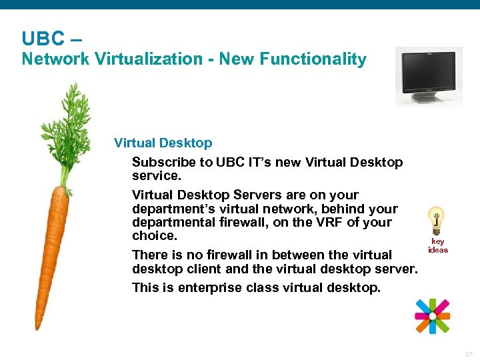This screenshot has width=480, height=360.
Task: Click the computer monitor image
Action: (429, 75)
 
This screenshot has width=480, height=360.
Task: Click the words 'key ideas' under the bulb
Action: (438, 246)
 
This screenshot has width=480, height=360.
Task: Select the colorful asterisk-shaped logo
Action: (432, 315)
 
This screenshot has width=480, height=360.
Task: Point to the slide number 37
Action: (468, 355)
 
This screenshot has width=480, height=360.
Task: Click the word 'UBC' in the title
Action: (43, 37)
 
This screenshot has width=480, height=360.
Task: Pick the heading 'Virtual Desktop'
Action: (163, 143)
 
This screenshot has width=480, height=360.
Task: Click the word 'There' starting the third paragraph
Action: (151, 255)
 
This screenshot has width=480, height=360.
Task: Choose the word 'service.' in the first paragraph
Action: (156, 175)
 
